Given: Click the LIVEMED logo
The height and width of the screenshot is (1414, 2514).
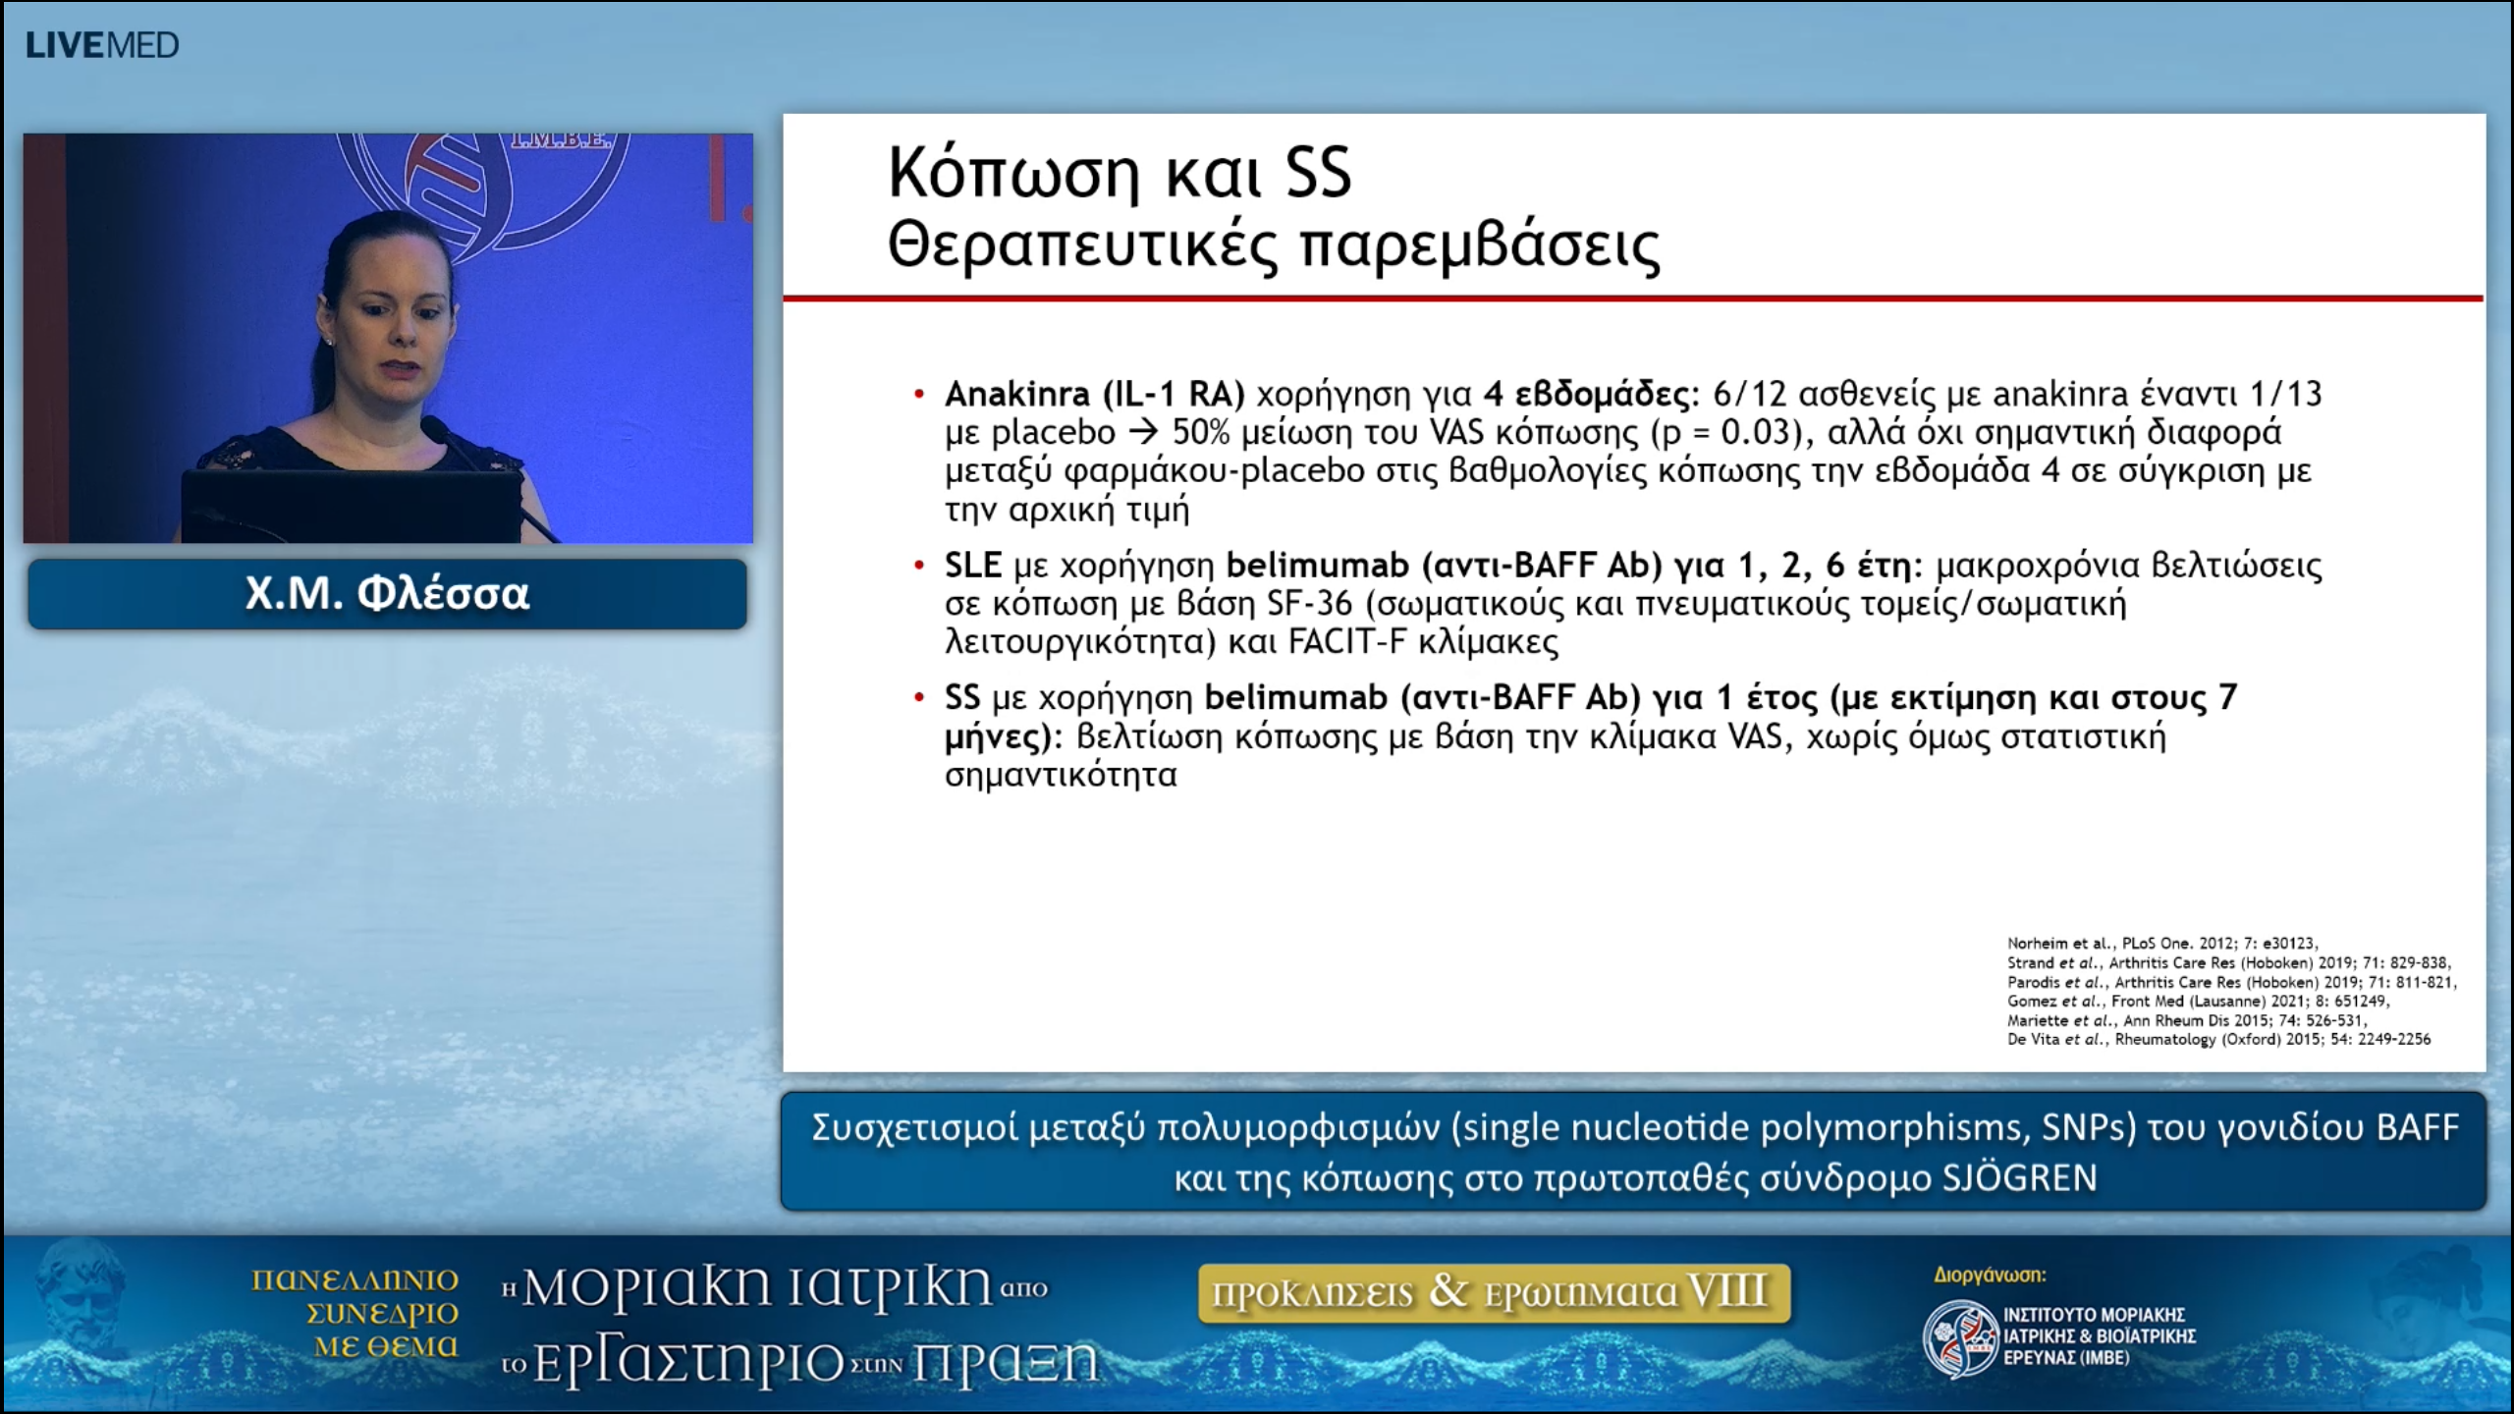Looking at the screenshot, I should pyautogui.click(x=102, y=45).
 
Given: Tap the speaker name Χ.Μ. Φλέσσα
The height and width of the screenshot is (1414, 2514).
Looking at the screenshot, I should pyautogui.click(x=387, y=594).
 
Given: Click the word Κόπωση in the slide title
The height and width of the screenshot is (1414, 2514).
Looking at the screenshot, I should pyautogui.click(x=1012, y=174).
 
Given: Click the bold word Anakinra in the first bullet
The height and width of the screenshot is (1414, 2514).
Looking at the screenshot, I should pyautogui.click(x=1016, y=395).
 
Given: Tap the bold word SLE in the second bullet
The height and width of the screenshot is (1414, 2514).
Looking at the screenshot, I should pyautogui.click(x=972, y=566).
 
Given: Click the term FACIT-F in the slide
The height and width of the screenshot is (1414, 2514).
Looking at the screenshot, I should pyautogui.click(x=1346, y=642).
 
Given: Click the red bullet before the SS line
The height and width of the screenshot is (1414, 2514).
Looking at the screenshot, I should pyautogui.click(x=919, y=698).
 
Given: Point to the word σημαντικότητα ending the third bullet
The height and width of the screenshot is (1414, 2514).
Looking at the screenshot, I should pyautogui.click(x=1060, y=775).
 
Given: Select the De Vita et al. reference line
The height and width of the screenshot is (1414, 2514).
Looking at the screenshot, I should pyautogui.click(x=2218, y=1039).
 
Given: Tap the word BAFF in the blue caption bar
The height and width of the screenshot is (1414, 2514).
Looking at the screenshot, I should pyautogui.click(x=2417, y=1128).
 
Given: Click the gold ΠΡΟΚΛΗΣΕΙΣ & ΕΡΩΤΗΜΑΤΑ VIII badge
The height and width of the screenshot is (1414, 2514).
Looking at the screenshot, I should pyautogui.click(x=1494, y=1293).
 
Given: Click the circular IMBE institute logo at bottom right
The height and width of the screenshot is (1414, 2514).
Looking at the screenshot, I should pyautogui.click(x=1959, y=1337).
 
